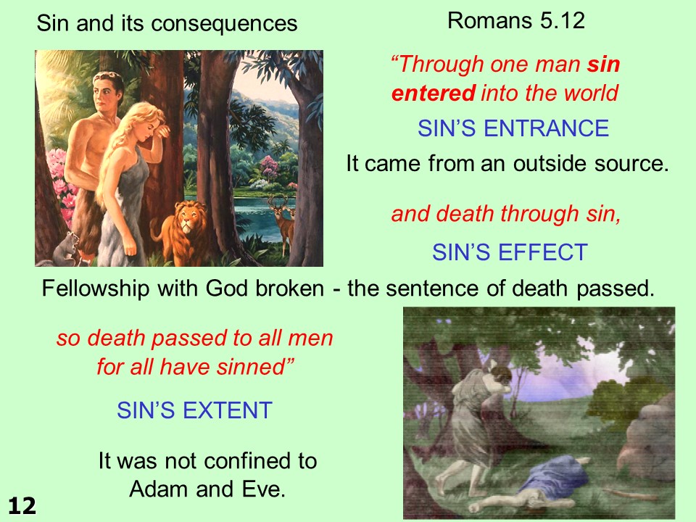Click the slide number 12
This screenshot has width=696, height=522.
[22, 506]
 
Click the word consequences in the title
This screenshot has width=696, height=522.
[224, 23]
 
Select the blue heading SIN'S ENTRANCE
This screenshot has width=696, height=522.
[513, 128]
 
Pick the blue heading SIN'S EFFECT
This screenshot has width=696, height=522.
[510, 252]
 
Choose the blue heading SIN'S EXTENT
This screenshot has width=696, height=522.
[194, 410]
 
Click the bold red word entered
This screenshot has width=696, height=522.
[434, 94]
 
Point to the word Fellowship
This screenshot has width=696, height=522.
[96, 288]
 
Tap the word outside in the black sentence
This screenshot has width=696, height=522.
[550, 163]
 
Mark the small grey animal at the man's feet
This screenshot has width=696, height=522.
[67, 249]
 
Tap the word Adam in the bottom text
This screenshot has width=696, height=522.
[159, 489]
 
